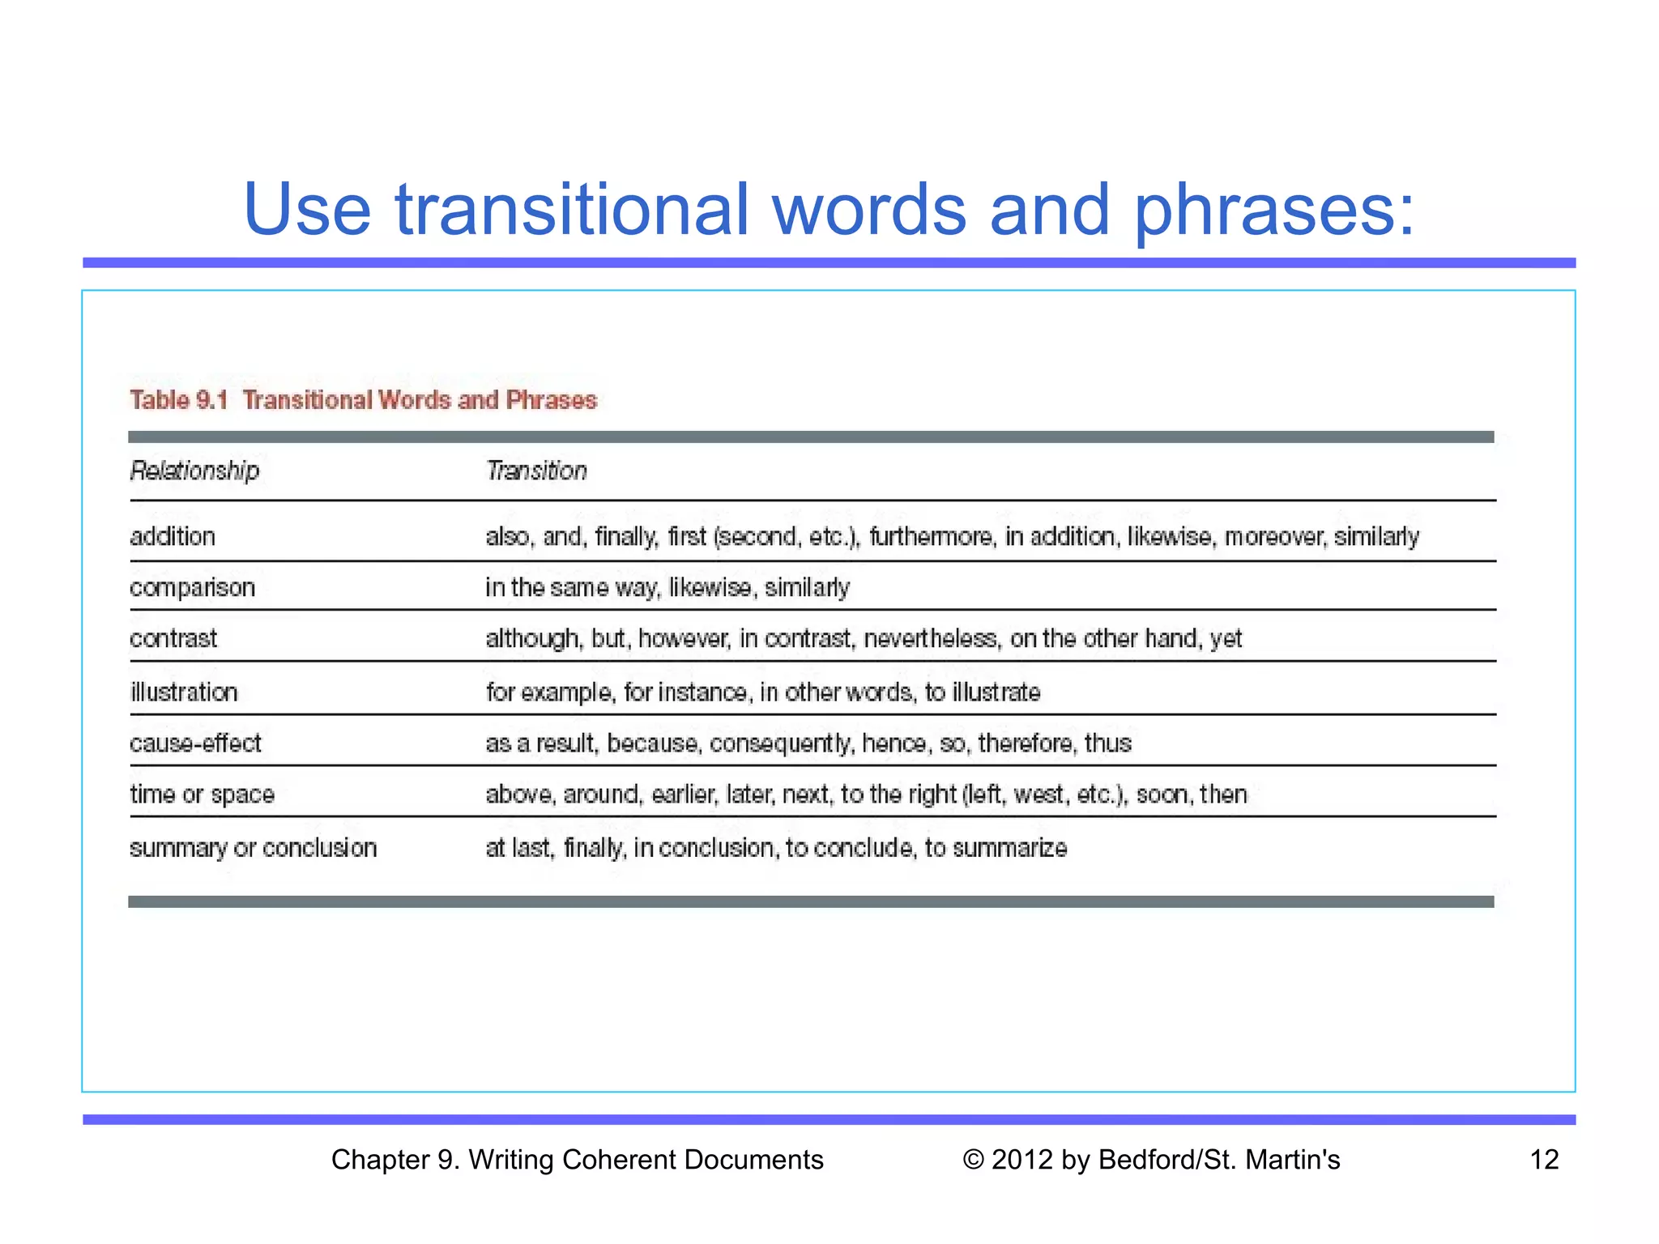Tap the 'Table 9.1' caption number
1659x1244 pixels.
click(179, 400)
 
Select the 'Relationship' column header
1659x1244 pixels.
click(194, 471)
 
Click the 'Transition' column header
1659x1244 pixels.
click(536, 471)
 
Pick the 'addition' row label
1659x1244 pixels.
click(173, 536)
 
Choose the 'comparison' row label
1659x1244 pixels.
click(192, 587)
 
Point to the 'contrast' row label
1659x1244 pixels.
click(173, 638)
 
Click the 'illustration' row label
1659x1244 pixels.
click(184, 692)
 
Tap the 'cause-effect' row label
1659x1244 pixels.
click(195, 743)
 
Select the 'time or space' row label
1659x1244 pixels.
click(202, 794)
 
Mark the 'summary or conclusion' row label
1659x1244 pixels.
click(253, 848)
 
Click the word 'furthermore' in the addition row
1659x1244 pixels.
click(930, 536)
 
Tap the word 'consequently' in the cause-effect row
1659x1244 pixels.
click(780, 743)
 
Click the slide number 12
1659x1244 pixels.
click(1544, 1160)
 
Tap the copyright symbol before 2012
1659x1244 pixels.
click(973, 1160)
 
